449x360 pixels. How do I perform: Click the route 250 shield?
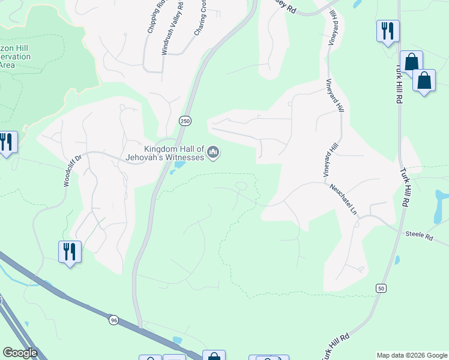click(185, 121)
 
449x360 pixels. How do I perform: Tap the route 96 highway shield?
click(113, 320)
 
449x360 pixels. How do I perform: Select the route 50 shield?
click(381, 289)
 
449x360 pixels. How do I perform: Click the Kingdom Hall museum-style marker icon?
click(212, 154)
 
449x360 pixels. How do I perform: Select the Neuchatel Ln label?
click(343, 199)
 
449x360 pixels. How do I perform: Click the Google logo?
click(19, 353)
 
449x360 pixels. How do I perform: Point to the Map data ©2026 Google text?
click(411, 355)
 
